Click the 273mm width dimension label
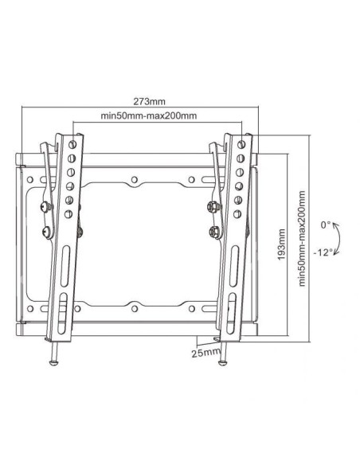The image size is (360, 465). pyautogui.click(x=149, y=102)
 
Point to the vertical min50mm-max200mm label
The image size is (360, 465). pyautogui.click(x=300, y=240)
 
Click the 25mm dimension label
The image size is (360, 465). pyautogui.click(x=203, y=350)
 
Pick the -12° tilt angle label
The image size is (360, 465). pyautogui.click(x=323, y=252)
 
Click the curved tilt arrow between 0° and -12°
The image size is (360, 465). pyautogui.click(x=338, y=238)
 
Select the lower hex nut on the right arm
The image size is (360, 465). pyautogui.click(x=213, y=232)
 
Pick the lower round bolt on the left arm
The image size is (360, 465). pyautogui.click(x=45, y=232)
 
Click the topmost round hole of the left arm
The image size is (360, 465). pyautogui.click(x=73, y=144)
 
